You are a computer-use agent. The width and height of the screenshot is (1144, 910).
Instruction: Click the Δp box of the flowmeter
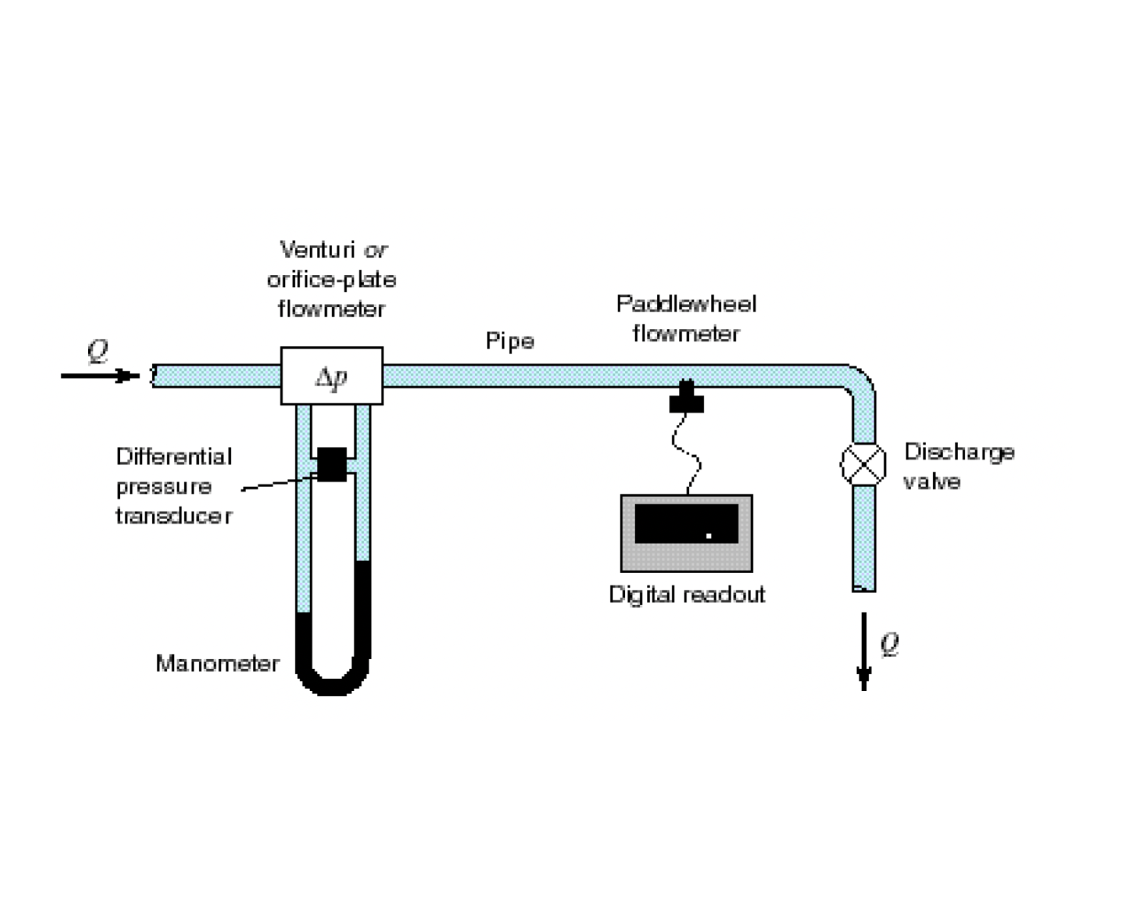(x=332, y=376)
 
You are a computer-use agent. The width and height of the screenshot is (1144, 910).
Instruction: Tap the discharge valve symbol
(x=863, y=464)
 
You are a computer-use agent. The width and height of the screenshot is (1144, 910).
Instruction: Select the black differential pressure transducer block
(x=332, y=464)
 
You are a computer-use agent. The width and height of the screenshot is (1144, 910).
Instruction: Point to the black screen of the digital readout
(x=686, y=523)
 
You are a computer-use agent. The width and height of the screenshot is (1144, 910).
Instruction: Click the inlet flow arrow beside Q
(x=100, y=376)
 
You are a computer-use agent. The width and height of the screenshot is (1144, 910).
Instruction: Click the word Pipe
(x=510, y=342)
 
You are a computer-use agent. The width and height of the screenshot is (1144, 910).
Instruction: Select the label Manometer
(x=217, y=663)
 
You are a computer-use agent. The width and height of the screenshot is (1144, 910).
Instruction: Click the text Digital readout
(x=686, y=594)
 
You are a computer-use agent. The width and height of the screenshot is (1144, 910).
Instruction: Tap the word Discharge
(x=959, y=452)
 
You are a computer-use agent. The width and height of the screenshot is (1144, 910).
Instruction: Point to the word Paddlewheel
(x=686, y=304)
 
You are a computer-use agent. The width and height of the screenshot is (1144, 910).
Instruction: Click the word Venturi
(x=317, y=250)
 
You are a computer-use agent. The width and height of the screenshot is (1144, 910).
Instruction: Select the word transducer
(x=173, y=516)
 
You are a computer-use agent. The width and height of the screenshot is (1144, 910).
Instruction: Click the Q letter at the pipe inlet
(x=97, y=350)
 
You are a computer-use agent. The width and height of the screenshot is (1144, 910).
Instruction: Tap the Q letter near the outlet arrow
(x=890, y=644)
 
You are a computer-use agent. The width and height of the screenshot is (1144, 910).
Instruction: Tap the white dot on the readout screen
(x=708, y=536)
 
